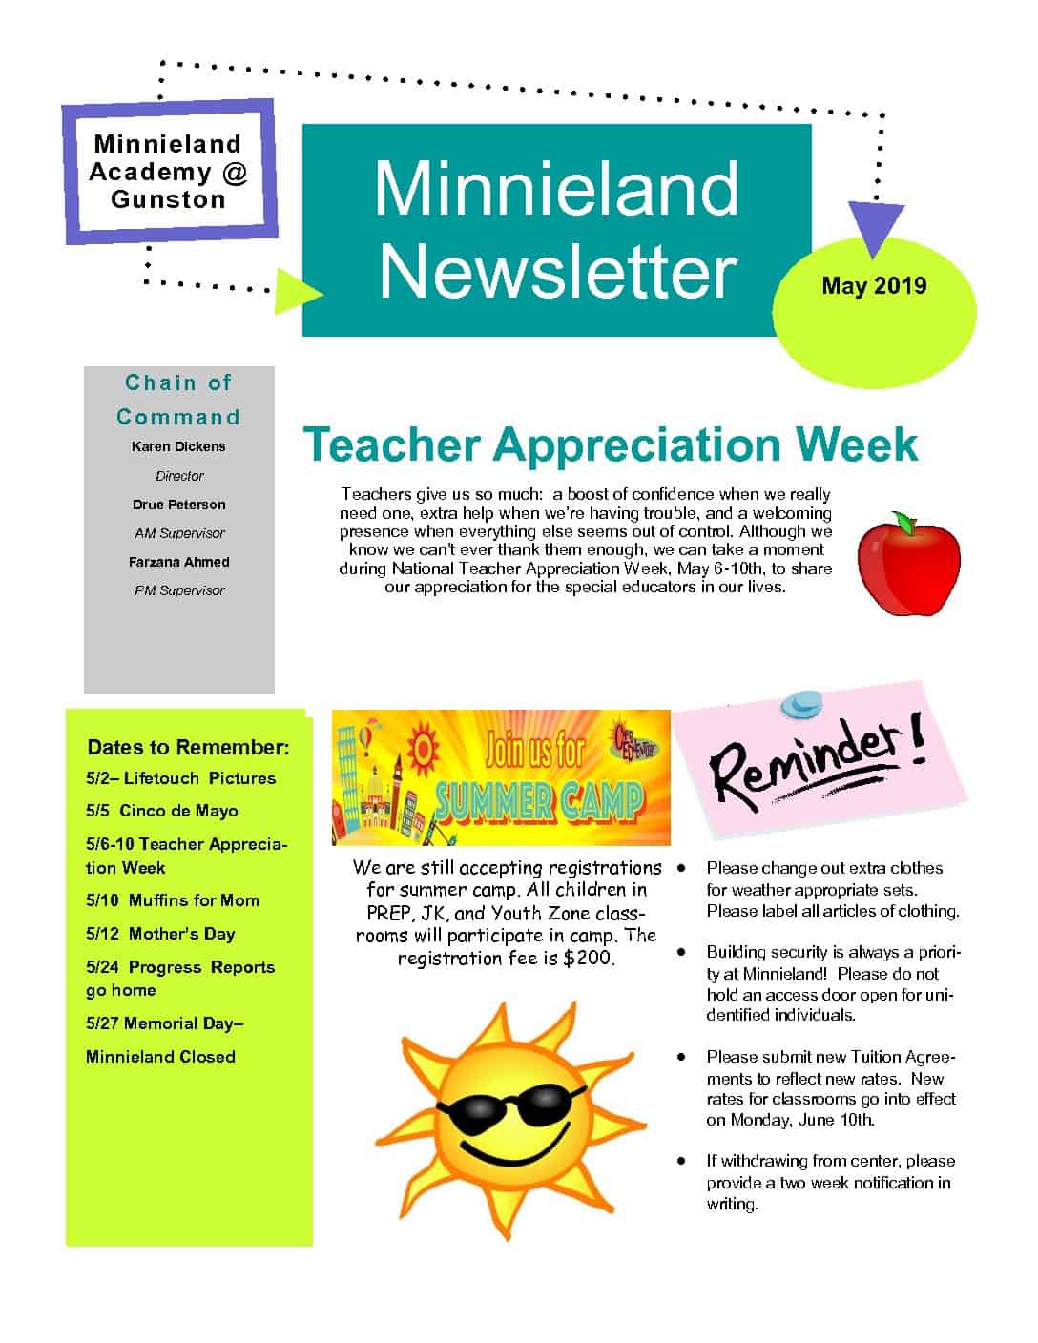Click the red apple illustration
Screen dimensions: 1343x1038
pos(908,565)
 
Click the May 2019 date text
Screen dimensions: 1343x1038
pos(874,285)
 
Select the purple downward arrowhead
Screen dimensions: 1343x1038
pos(876,230)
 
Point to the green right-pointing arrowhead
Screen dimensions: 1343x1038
pos(297,291)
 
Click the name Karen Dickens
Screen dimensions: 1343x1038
pos(178,446)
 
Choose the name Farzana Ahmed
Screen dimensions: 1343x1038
pos(179,562)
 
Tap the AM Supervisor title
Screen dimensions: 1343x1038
pos(179,533)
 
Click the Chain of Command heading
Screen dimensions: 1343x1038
pos(178,400)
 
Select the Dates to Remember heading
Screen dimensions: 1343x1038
pos(188,747)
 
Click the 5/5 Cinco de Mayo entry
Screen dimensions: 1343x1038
pos(162,811)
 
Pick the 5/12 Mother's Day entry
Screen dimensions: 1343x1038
pos(160,934)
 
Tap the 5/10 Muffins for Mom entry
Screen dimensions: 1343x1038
pos(173,900)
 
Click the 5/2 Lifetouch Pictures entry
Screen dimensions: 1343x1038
pos(180,778)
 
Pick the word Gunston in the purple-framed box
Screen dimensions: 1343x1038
pos(169,199)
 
